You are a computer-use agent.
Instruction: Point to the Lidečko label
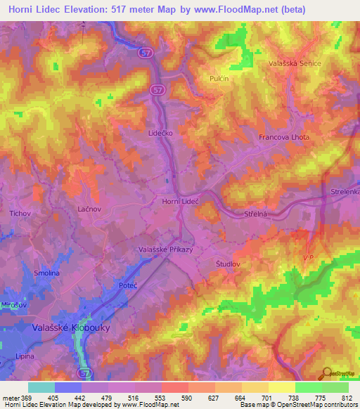coord(160,131)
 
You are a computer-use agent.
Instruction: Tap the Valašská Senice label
coord(295,63)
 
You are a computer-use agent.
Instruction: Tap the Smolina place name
coord(47,273)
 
